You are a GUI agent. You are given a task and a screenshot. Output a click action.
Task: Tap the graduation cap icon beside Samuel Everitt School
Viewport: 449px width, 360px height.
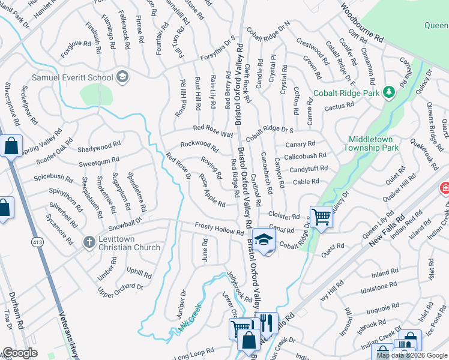pos(122,76)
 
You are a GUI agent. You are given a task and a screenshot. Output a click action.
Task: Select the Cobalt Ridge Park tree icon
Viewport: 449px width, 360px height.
pos(389,92)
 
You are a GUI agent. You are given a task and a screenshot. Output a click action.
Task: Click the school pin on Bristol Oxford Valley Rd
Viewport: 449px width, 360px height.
pos(262,239)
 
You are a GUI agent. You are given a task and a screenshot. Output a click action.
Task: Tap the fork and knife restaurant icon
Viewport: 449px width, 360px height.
pos(267,323)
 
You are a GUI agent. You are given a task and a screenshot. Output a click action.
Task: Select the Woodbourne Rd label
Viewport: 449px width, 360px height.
pos(362,22)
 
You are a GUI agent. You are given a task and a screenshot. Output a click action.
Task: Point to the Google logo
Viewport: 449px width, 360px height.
pos(20,353)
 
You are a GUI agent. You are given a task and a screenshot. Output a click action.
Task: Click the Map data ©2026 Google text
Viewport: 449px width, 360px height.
pos(411,355)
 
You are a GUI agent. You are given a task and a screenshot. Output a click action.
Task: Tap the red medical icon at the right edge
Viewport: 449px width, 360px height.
pos(444,188)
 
